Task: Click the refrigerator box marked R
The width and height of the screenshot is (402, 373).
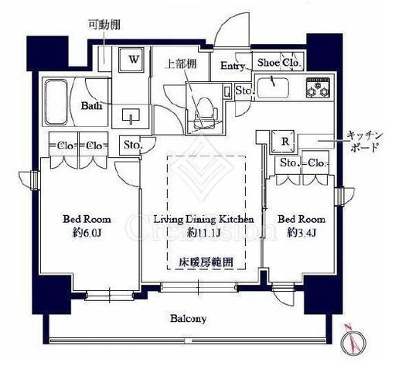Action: pyautogui.click(x=285, y=140)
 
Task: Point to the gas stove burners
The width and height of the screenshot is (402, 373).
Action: pyautogui.click(x=318, y=88)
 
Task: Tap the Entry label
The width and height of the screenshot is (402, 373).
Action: pyautogui.click(x=233, y=66)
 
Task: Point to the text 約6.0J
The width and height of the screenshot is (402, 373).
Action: pyautogui.click(x=77, y=232)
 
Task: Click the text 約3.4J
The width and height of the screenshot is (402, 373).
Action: pyautogui.click(x=301, y=232)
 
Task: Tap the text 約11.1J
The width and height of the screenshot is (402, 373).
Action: pyautogui.click(x=204, y=232)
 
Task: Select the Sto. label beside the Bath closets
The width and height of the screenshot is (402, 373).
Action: pyautogui.click(x=131, y=145)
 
